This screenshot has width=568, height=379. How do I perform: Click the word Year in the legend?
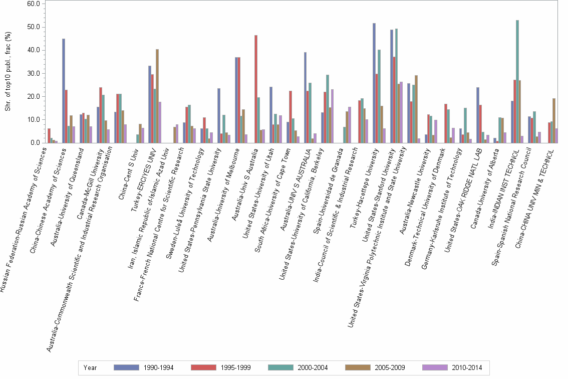(90, 367)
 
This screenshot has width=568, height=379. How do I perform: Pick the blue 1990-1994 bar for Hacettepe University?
(374, 83)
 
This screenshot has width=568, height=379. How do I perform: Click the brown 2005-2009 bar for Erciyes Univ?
(157, 96)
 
